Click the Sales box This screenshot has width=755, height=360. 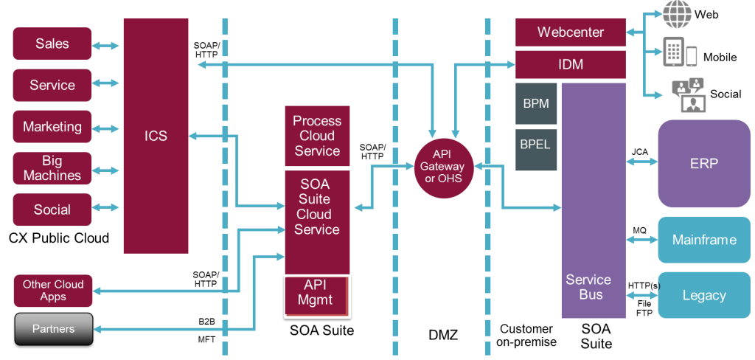point(52,44)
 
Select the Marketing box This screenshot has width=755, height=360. point(52,127)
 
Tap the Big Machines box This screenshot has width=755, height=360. point(52,168)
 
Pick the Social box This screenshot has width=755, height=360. point(52,210)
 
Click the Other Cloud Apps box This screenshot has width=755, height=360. point(52,291)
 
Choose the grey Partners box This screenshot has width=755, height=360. point(52,329)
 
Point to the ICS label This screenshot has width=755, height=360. point(156,136)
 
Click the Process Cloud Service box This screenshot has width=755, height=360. point(317,136)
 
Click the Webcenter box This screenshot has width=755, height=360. point(570,32)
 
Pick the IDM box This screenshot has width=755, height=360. point(570,65)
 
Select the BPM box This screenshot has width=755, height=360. point(536,104)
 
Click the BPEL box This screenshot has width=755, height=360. point(536,145)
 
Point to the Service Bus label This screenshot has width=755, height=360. point(588,287)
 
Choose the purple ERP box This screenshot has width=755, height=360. point(703,164)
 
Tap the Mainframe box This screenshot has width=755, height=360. point(703,240)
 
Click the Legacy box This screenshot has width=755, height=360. point(703,295)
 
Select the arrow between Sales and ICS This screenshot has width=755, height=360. point(105,46)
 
